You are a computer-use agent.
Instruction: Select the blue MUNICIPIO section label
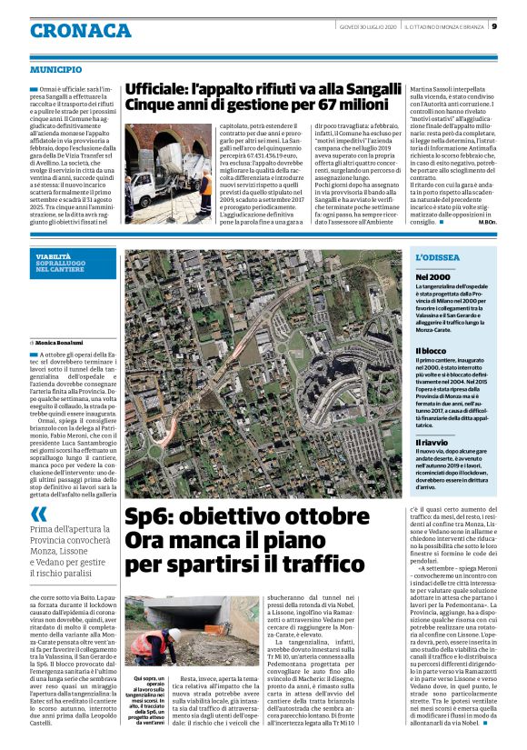tap(55, 69)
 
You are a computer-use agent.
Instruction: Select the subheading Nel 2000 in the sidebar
tap(433, 276)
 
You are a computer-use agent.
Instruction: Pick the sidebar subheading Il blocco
tap(431, 350)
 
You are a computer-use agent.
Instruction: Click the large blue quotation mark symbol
tap(39, 514)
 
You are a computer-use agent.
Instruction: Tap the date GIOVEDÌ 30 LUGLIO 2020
tap(364, 25)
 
